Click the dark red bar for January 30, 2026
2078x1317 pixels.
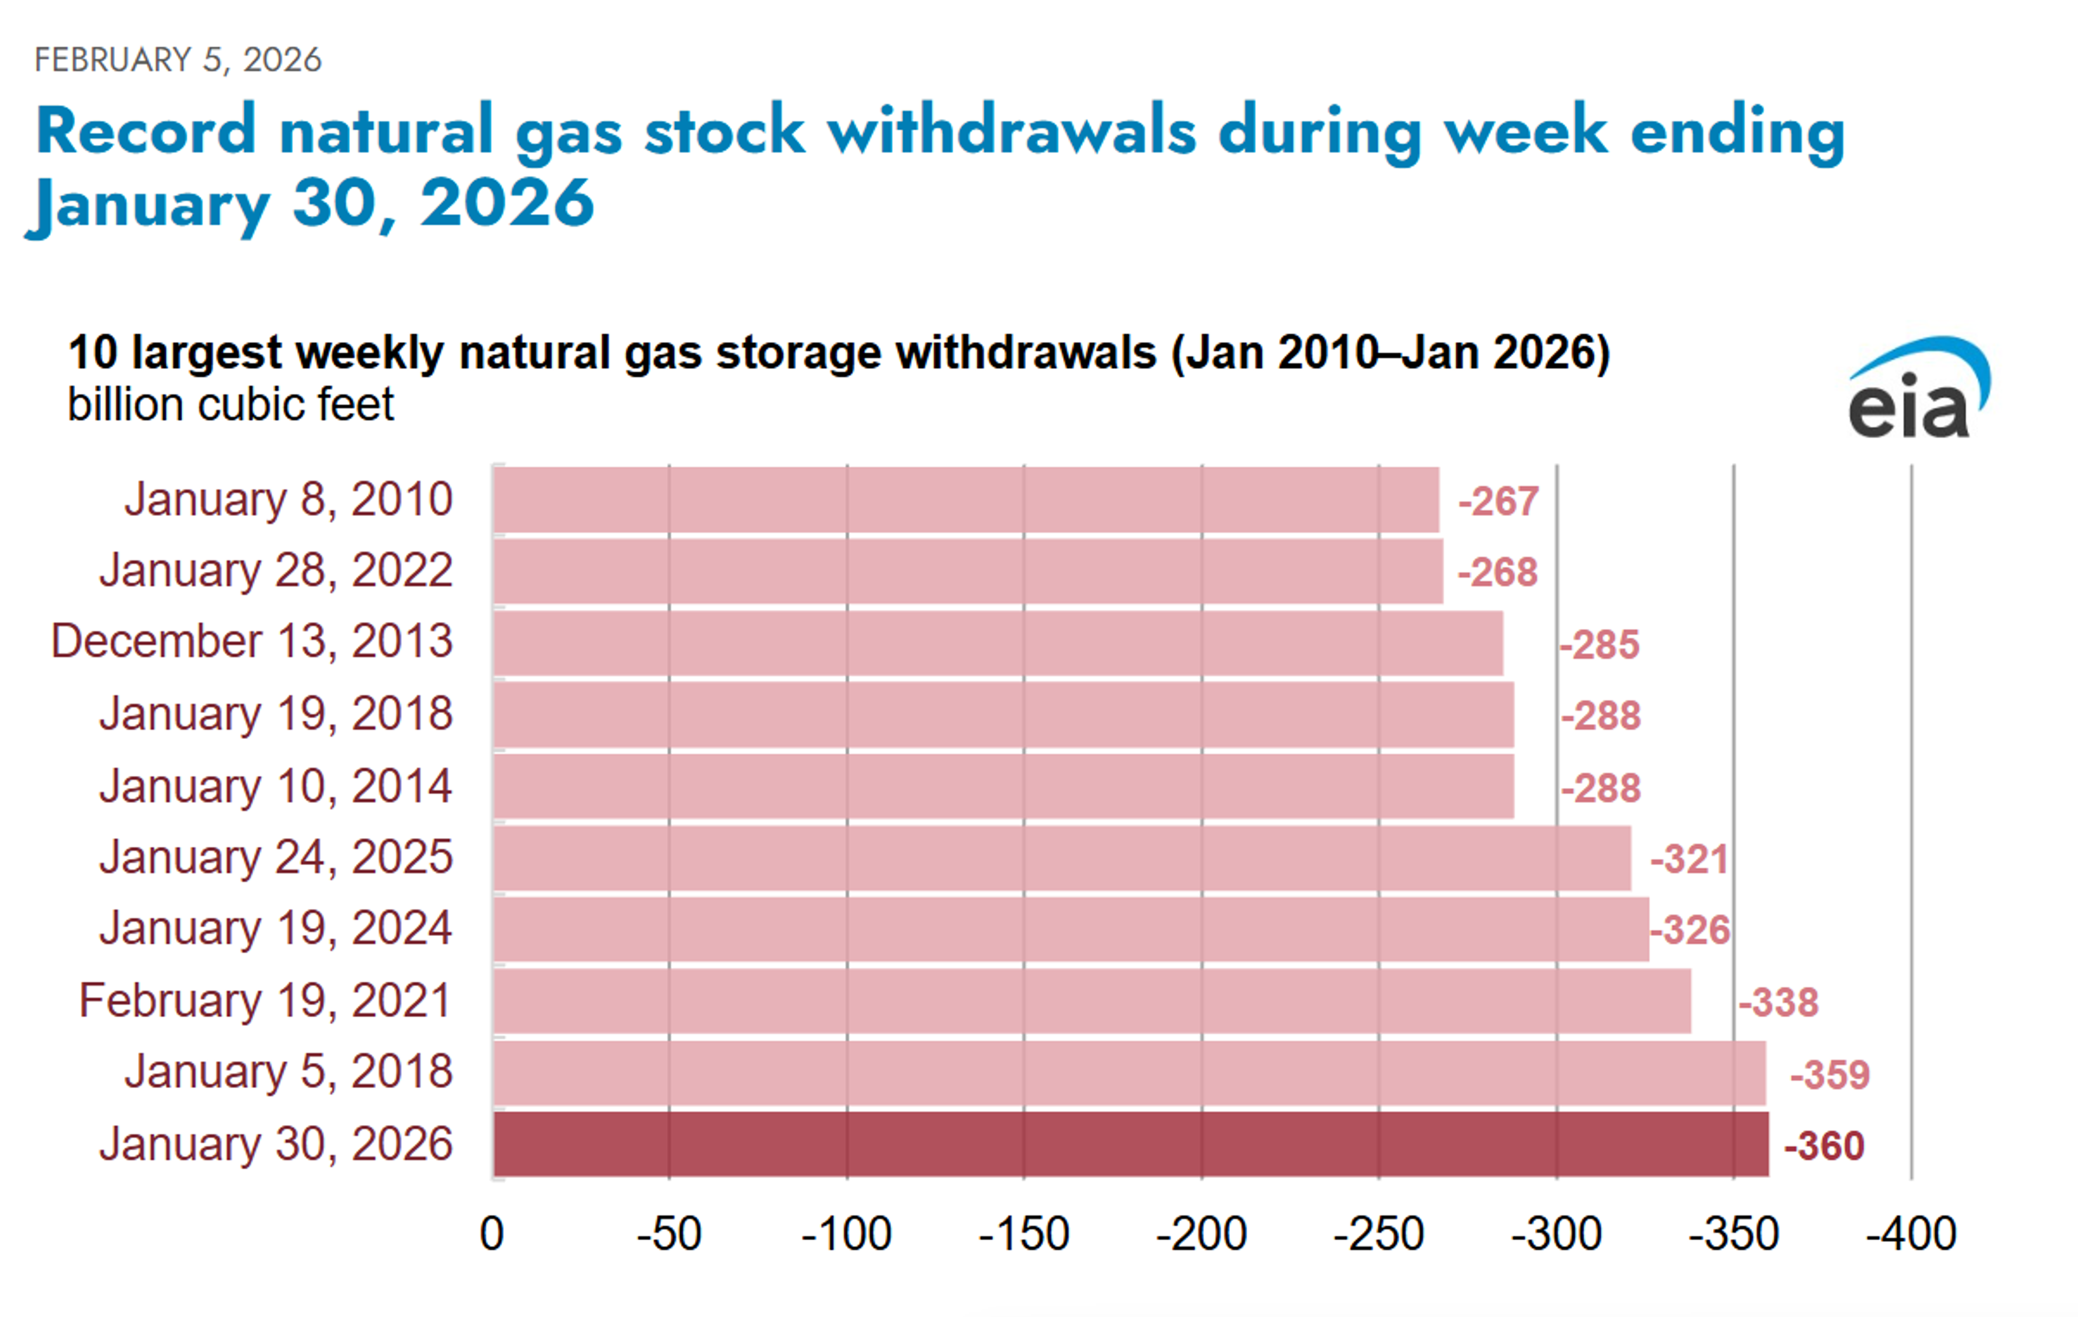click(x=1130, y=1144)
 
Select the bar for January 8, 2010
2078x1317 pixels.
click(x=966, y=500)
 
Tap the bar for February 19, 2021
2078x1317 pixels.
click(x=1091, y=1001)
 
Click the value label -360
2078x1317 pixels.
click(x=1824, y=1146)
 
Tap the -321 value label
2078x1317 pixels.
click(x=1688, y=859)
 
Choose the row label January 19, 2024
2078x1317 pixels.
click(x=275, y=928)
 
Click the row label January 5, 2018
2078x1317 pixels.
click(x=288, y=1071)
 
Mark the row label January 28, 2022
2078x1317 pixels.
click(x=275, y=570)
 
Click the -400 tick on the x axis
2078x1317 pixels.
click(x=1911, y=1234)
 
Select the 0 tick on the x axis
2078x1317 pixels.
click(x=492, y=1234)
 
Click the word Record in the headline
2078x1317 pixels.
click(x=146, y=130)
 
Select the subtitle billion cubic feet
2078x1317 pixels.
click(x=231, y=405)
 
